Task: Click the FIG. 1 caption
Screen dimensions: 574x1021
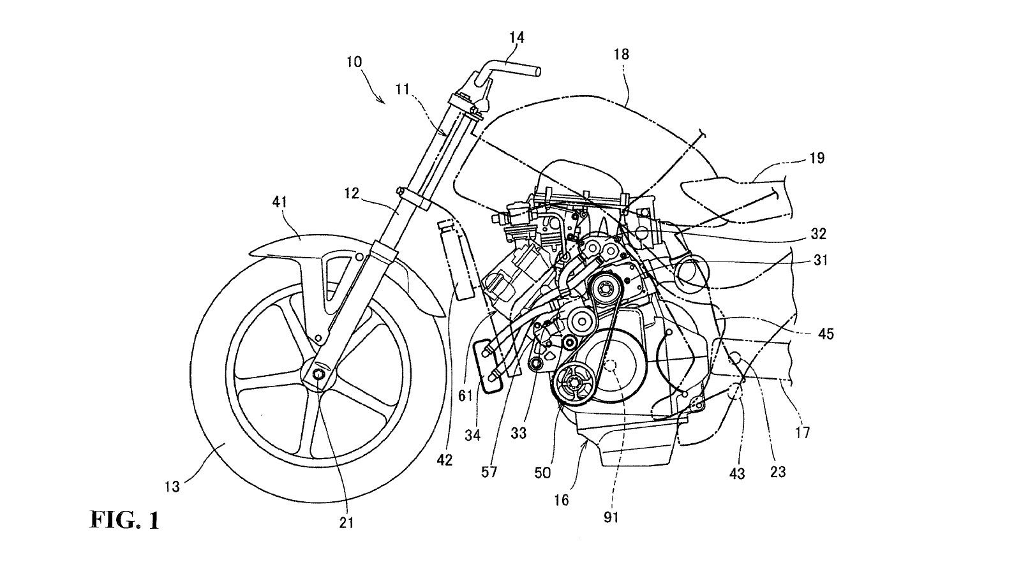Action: click(x=124, y=520)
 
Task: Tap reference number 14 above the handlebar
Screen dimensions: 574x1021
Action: click(x=517, y=38)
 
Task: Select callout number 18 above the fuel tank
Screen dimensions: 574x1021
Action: click(x=621, y=54)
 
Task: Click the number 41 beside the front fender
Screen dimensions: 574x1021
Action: click(x=279, y=202)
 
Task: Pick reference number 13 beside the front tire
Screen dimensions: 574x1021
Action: click(x=173, y=487)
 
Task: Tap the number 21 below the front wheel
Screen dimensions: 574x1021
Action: click(x=346, y=522)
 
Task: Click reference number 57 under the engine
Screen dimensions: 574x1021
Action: click(x=490, y=472)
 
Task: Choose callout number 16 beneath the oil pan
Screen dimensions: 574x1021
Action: click(x=561, y=501)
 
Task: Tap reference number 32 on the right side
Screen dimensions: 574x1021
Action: click(x=818, y=234)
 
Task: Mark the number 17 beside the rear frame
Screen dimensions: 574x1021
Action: click(x=802, y=432)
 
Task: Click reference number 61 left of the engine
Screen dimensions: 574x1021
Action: click(x=465, y=395)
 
